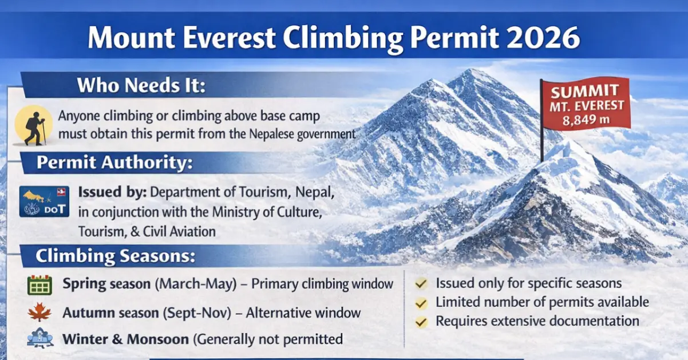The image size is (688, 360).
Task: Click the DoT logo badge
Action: pos(44,201)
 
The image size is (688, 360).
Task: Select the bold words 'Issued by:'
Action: pos(113,192)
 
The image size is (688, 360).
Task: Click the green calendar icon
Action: pos(39,284)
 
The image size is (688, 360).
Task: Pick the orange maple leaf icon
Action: pos(39,312)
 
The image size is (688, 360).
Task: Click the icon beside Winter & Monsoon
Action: pos(39,338)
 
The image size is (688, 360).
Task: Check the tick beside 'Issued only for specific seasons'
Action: pos(421,283)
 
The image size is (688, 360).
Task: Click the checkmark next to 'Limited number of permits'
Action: pos(421,303)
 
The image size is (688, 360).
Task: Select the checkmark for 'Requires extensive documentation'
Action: pos(421,322)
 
